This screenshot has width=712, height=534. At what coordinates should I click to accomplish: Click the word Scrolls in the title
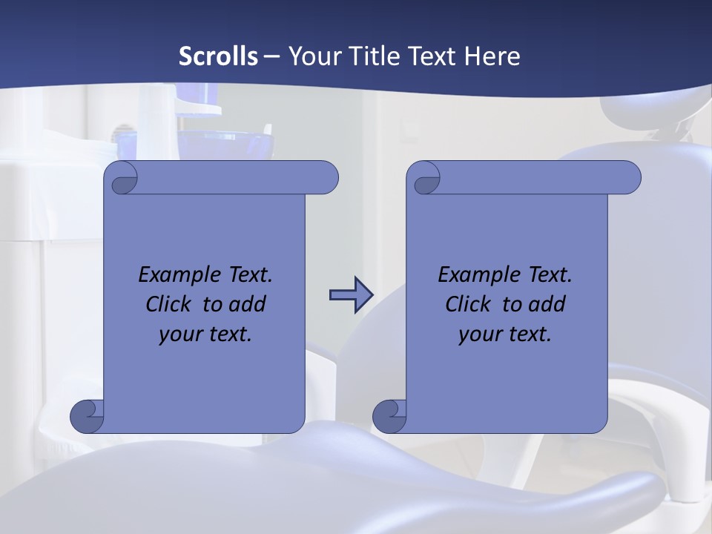pos(218,56)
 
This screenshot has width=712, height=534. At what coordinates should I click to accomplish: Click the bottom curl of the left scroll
pos(86,417)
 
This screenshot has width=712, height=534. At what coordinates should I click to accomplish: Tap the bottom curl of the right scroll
pos(389,417)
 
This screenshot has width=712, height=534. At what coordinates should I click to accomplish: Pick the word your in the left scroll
pos(179,335)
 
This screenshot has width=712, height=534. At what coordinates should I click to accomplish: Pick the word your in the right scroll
pos(479,335)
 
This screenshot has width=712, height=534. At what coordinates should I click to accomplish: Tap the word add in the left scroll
pos(248,304)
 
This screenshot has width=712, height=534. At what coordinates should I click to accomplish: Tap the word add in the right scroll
pos(547,304)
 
